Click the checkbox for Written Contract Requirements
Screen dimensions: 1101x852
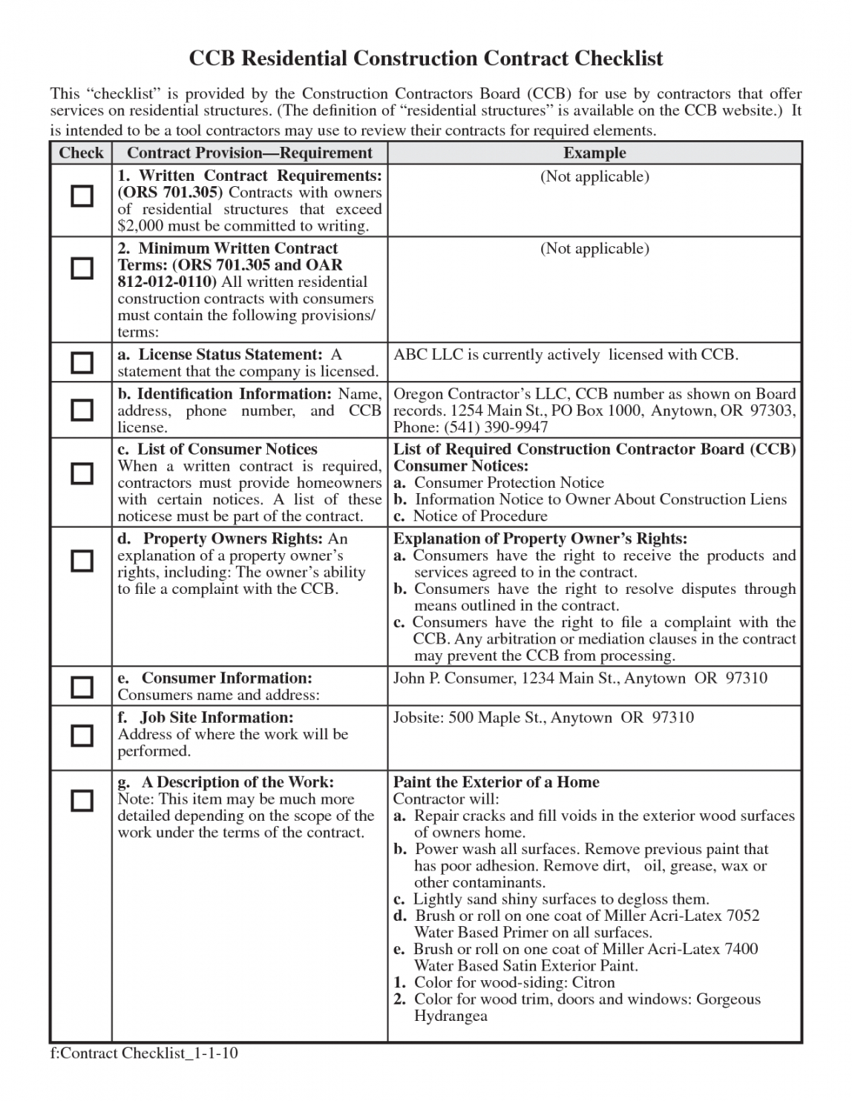[82, 196]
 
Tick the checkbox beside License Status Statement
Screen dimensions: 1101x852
[82, 363]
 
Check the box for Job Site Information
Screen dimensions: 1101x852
[82, 735]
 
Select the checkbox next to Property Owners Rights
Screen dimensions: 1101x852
[82, 561]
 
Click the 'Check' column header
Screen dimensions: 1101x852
[81, 153]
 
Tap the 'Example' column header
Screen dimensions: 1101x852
[594, 153]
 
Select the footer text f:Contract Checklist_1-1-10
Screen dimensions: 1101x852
[144, 1053]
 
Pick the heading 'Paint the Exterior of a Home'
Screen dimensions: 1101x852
[496, 782]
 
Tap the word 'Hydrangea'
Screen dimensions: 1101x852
[450, 1016]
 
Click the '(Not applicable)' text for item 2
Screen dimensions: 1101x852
[594, 248]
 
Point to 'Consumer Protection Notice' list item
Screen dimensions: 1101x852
[508, 483]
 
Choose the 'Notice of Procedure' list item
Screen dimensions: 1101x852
[480, 516]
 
